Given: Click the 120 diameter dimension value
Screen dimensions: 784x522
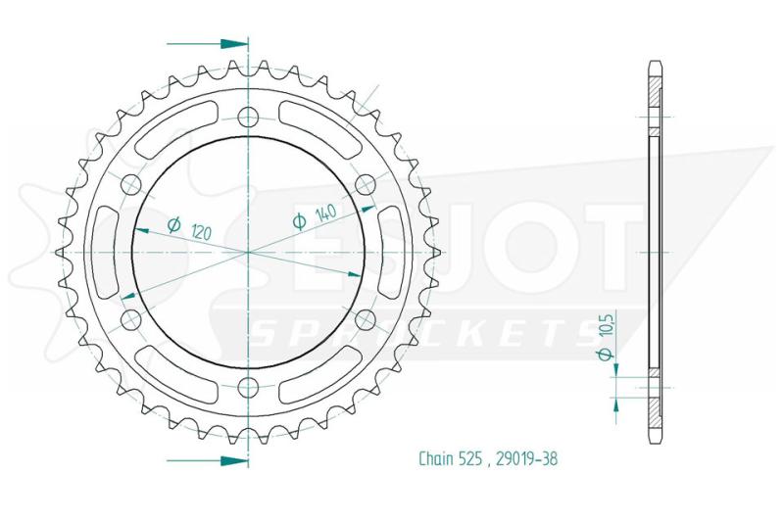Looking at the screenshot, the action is coord(202,231).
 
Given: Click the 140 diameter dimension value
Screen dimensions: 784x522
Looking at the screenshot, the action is coord(325,213).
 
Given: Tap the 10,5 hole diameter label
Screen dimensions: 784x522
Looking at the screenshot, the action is coord(609,325).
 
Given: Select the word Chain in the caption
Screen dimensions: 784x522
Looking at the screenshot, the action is coord(436,458).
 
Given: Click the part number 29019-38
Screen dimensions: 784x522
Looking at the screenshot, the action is coord(526,458).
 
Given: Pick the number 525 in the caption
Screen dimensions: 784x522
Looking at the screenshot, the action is coord(471,458).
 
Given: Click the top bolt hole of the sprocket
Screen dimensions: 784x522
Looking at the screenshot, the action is coord(248,118).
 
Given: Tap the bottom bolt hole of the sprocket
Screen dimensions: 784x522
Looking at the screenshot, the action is coord(248,386).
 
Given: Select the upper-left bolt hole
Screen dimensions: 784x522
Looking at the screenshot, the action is coord(131,184).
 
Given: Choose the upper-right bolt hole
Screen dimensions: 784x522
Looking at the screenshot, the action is coord(365,184).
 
